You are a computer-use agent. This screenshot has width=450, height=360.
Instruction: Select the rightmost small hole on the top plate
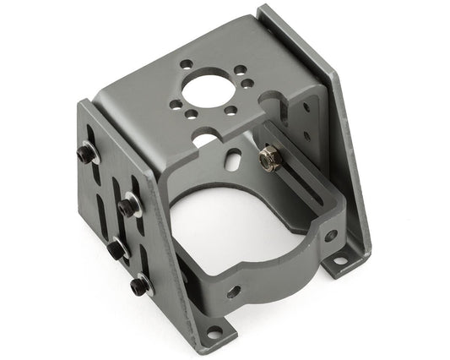point(246,82)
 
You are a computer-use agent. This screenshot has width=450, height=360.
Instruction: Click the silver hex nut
point(269,157)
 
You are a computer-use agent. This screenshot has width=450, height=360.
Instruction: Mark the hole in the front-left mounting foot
point(214,331)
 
